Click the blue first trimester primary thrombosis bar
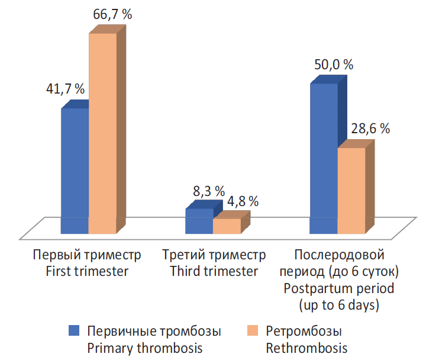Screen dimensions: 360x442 (75, 169)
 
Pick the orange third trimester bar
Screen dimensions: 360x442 (227, 226)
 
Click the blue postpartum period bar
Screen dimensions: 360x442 (324, 157)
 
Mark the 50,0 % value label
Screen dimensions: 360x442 (333, 65)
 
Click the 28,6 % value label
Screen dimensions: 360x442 (370, 128)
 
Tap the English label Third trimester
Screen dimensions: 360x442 (214, 272)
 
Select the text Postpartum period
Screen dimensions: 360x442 (339, 289)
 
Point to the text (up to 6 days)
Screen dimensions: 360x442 (339, 306)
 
